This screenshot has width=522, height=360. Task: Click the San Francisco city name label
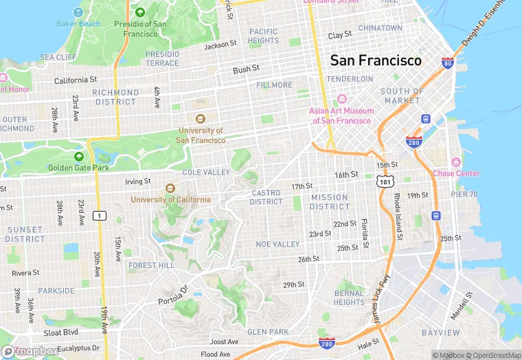(376, 60)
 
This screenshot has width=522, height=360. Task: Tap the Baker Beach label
(78, 23)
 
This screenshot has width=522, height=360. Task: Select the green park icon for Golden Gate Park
(79, 157)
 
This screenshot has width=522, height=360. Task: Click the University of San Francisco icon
(201, 118)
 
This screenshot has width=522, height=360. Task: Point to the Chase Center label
(456, 173)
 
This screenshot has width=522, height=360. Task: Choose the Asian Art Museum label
(341, 115)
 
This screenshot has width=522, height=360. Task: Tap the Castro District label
(266, 197)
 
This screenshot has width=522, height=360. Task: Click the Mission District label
(330, 202)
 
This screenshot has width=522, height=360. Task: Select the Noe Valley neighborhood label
(277, 244)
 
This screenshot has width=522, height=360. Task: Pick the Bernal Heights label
(349, 297)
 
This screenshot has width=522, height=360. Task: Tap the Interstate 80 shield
(447, 63)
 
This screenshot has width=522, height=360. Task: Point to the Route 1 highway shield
(100, 216)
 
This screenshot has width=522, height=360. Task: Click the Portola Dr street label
(173, 296)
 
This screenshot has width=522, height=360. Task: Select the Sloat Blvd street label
(61, 332)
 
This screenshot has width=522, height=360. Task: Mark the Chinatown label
(380, 28)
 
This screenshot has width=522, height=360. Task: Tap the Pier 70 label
(464, 194)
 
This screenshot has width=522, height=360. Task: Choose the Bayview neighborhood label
(440, 333)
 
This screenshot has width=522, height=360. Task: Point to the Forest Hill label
(151, 265)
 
